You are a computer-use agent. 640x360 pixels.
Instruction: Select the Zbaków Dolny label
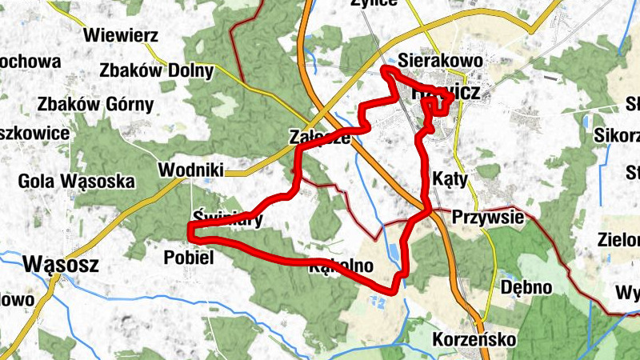[x=157, y=70]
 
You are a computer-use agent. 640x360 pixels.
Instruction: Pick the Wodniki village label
[x=190, y=170]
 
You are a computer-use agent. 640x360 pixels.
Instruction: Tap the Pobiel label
[x=189, y=257]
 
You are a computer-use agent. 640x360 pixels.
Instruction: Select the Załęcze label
[x=320, y=138]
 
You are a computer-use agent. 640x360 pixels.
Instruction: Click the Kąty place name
[x=449, y=177]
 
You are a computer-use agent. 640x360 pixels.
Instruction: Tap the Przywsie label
[x=488, y=217]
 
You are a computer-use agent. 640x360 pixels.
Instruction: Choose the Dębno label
[x=526, y=287]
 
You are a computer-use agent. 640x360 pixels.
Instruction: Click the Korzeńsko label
[x=474, y=339]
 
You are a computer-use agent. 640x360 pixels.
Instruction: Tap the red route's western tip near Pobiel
[x=190, y=231]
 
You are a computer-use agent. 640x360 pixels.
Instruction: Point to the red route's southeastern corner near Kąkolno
[x=396, y=286]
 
